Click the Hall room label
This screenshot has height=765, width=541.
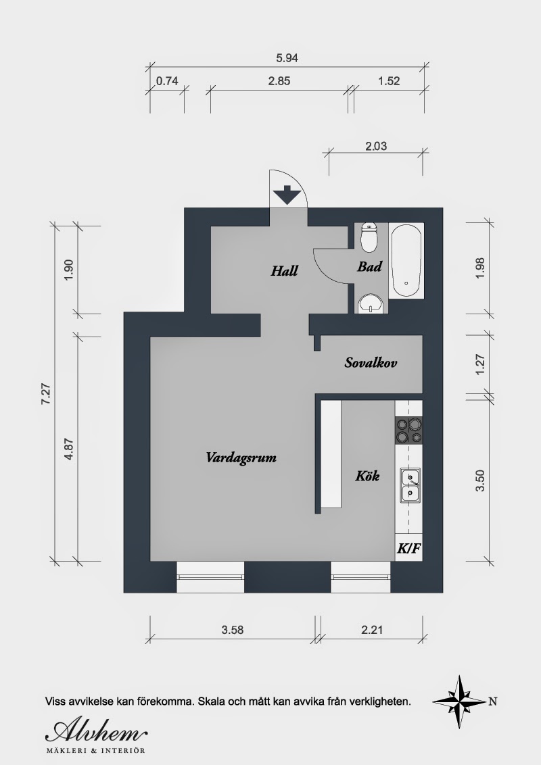[x=284, y=271]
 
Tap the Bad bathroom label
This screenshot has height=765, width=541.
[x=369, y=266]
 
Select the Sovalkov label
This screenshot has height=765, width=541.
[x=371, y=362]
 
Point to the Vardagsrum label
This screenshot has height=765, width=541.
[x=241, y=458]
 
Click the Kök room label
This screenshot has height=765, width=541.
[x=367, y=476]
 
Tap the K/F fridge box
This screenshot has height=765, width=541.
[x=408, y=548]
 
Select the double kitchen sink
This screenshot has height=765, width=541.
[x=410, y=485]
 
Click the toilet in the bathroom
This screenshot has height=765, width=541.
[x=368, y=237]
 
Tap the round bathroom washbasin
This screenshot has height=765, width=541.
[x=371, y=304]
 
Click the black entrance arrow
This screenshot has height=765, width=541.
[x=287, y=195]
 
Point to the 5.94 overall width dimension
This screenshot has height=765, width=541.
[x=287, y=58]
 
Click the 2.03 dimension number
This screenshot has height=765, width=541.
[x=375, y=146]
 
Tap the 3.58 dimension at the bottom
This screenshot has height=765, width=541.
[x=233, y=630]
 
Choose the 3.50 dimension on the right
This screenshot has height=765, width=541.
[x=480, y=480]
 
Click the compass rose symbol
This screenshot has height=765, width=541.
[x=459, y=701]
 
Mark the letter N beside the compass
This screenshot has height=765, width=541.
[x=493, y=702]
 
